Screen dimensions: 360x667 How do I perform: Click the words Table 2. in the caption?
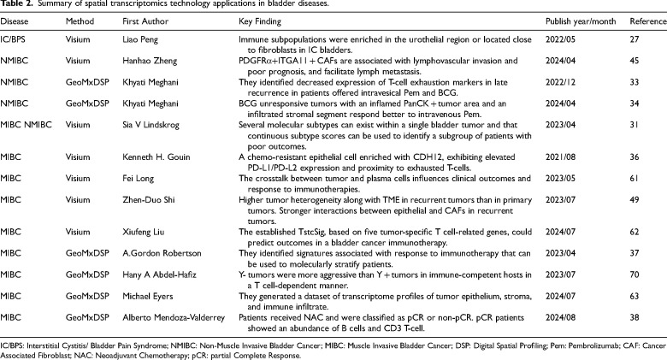pos(16,6)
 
